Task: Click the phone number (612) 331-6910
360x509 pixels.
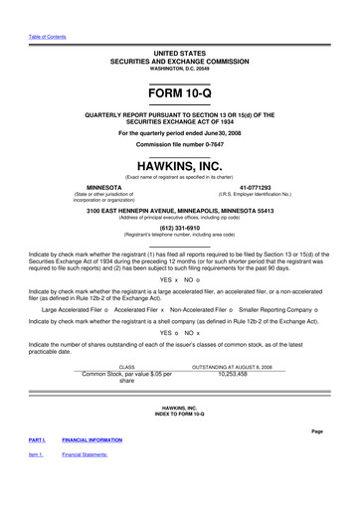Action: click(180, 225)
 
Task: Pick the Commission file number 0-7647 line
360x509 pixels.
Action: click(180, 143)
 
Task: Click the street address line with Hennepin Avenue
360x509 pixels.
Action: click(180, 210)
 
